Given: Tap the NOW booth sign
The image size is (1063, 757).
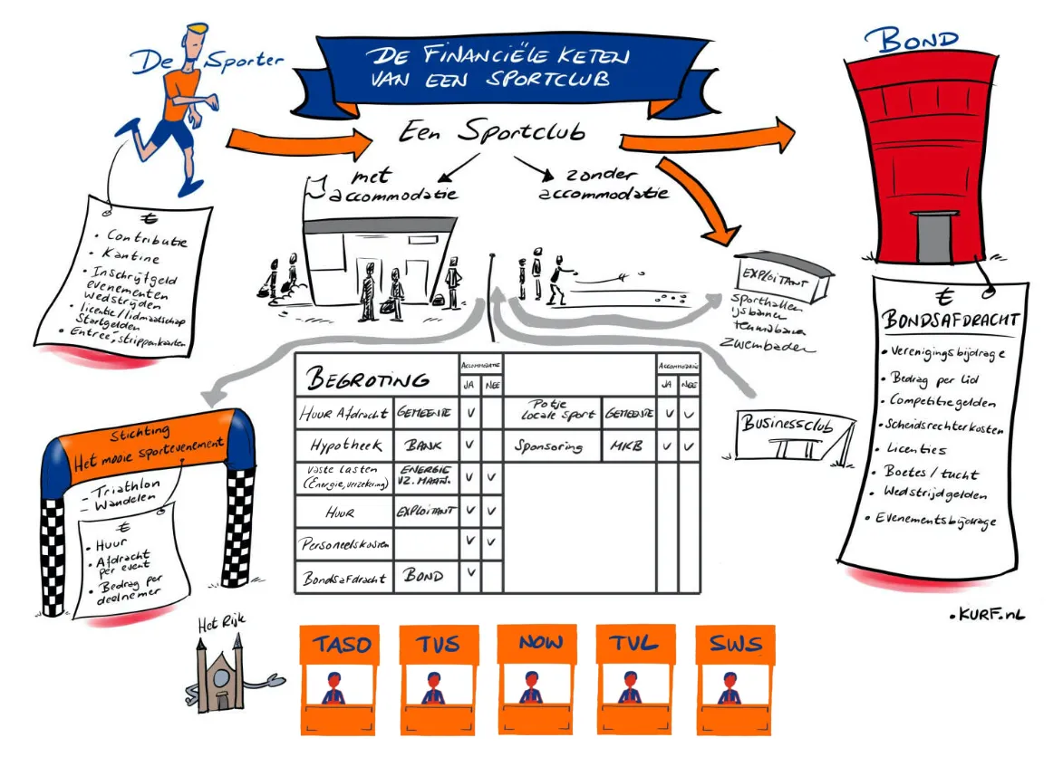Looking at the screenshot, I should coord(540,644).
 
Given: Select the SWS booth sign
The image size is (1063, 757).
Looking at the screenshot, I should coord(736,646).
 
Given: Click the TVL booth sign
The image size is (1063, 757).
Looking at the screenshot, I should coord(637,646).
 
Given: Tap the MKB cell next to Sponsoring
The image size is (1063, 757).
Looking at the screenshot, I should coord(626,446).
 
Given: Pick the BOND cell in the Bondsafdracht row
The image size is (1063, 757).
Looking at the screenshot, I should coord(423,576).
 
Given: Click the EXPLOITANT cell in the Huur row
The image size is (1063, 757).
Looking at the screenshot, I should coord(425,512).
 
